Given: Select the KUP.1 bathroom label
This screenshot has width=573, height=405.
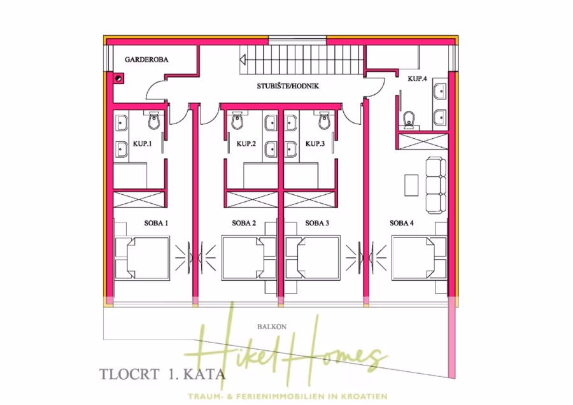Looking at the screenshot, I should coord(142,144).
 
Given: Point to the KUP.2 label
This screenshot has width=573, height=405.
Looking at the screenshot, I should coord(246,144).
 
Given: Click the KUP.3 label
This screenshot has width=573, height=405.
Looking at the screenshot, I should coord(315,144).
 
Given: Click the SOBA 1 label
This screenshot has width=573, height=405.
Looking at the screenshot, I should coord(155,224).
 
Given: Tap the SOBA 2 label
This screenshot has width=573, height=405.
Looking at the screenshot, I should coord(244,224).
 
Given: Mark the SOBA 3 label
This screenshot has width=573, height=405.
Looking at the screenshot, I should coord(317,224).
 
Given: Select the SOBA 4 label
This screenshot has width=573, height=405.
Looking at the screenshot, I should coord(402,224).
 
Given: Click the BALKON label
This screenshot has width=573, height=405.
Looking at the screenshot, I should coord(271,327).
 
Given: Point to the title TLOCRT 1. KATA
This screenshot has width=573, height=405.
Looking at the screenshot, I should coord(162,374).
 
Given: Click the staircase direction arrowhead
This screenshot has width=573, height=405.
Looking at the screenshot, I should coord(243,59).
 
